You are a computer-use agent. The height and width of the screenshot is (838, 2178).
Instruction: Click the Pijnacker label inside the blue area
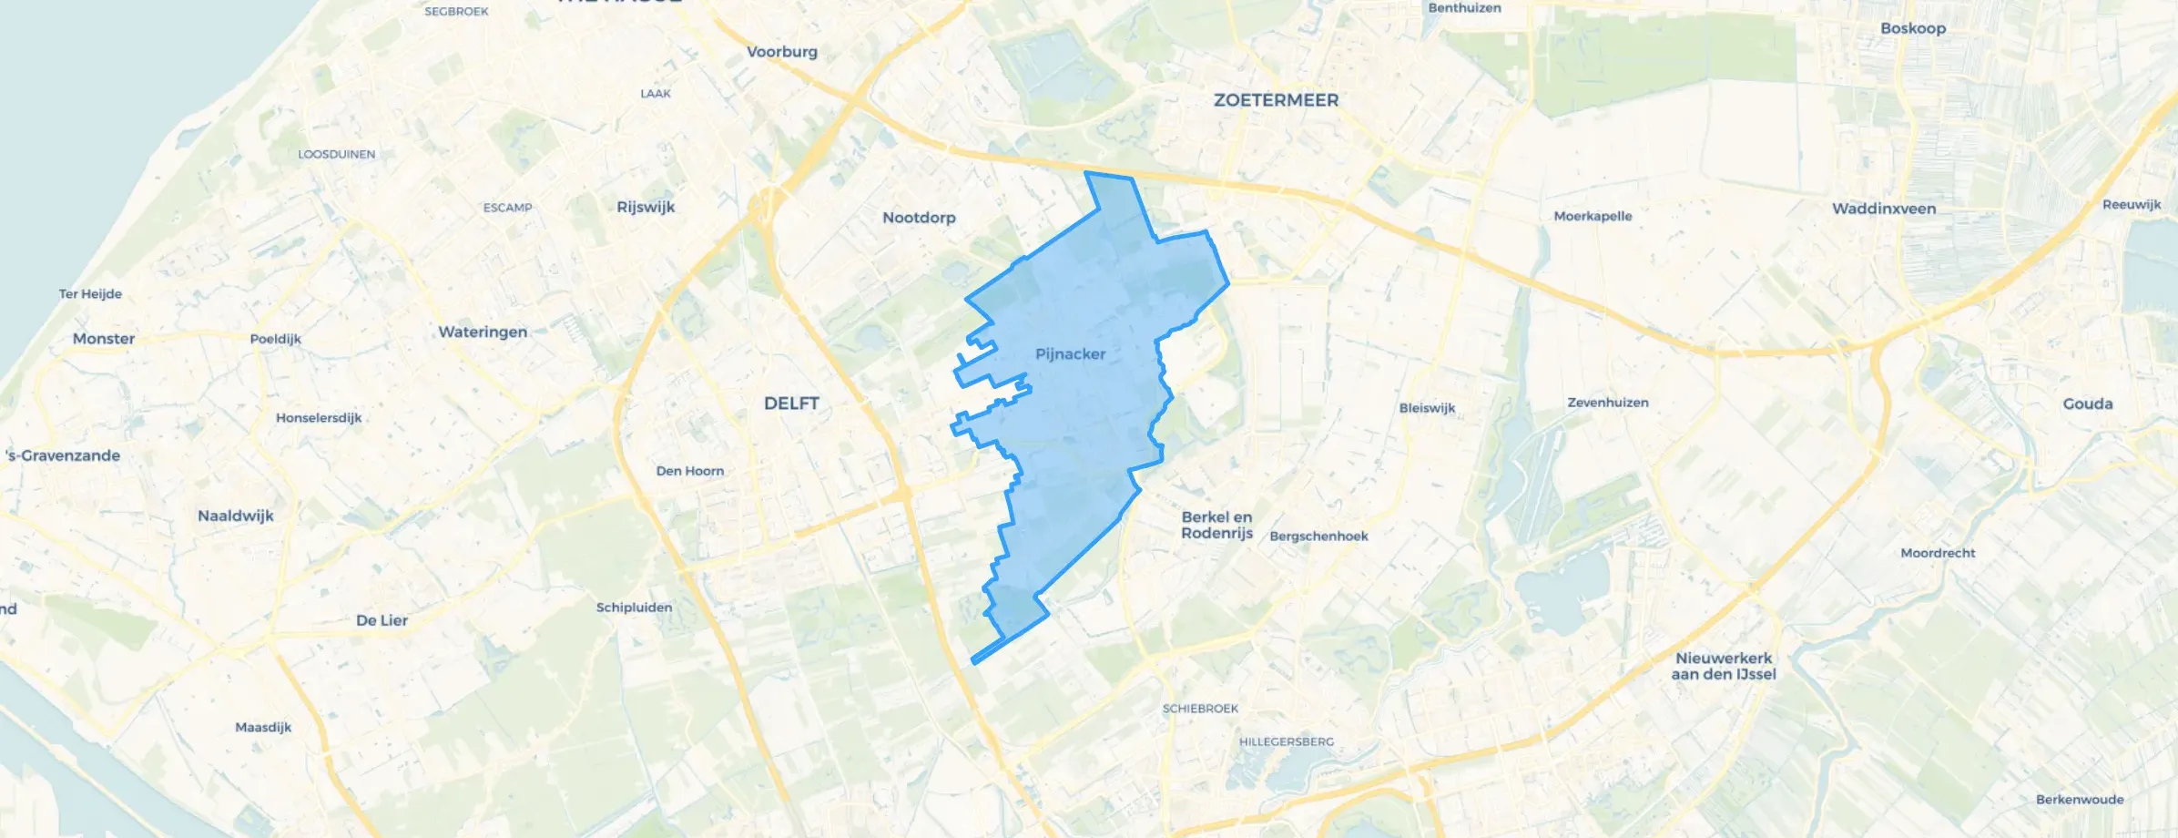point(1070,353)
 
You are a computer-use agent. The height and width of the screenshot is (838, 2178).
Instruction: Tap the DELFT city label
point(791,403)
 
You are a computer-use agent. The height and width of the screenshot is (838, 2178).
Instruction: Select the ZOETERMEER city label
point(1276,100)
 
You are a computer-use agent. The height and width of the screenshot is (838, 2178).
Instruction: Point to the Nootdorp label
point(919,218)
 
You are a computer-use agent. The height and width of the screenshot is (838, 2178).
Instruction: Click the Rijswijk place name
point(646,207)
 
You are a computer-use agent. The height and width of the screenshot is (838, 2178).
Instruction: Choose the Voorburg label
point(781,52)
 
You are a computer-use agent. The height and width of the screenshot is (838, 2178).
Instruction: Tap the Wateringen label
point(483,332)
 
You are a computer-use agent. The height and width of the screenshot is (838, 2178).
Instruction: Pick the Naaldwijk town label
point(236,516)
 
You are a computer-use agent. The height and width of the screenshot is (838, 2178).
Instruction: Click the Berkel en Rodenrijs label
point(1216,525)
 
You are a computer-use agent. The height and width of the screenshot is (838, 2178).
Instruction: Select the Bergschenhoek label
point(1318,537)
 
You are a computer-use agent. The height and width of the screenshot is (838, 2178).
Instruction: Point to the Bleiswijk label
point(1427,408)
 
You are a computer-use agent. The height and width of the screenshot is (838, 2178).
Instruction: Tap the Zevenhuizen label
point(1607,403)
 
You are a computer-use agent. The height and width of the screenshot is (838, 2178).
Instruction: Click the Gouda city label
point(2087,404)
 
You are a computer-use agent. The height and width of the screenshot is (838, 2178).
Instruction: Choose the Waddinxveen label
point(1883,209)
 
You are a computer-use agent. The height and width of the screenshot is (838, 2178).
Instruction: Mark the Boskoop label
point(1912,28)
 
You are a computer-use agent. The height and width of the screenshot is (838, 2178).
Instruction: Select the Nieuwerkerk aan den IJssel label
point(1724,666)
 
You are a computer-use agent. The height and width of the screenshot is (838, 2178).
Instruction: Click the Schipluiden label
point(634,608)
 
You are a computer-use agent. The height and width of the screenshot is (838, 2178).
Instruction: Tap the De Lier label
point(382,620)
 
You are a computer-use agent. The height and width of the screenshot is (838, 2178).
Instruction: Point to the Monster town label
point(104,339)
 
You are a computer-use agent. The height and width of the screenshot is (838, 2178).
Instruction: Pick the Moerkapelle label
point(1593,216)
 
